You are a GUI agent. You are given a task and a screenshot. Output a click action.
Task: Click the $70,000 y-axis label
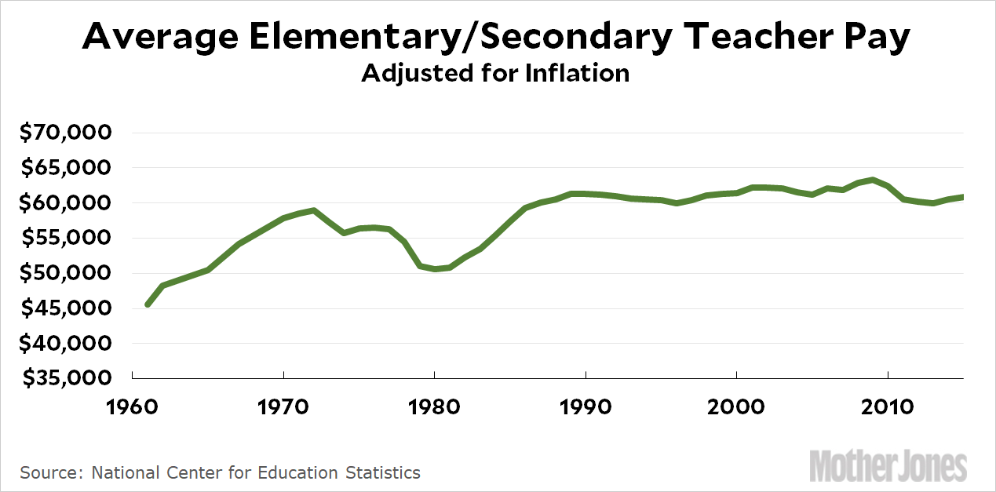[67, 133]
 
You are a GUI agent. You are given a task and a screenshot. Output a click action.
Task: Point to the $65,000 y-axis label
[67, 168]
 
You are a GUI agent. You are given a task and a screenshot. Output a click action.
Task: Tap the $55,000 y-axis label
[67, 239]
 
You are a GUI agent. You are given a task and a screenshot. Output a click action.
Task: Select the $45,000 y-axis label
[67, 308]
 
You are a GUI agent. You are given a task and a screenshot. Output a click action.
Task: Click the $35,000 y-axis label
[67, 379]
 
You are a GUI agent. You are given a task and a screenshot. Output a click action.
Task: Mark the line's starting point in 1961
[148, 304]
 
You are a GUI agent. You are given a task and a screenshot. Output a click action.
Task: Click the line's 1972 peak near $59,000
[313, 210]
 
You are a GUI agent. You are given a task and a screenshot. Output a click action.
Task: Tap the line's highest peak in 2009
[872, 180]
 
